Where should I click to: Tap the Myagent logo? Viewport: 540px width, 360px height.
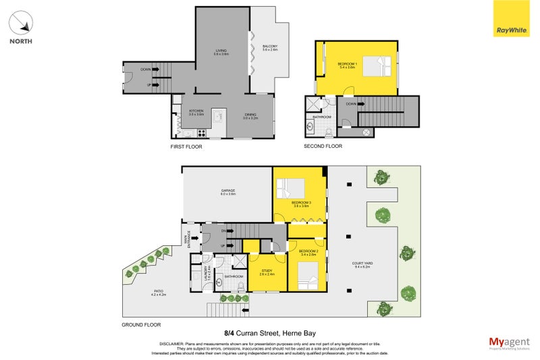point(508,342)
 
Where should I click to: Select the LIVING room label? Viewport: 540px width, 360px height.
point(221,51)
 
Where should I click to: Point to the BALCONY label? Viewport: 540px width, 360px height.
point(270,47)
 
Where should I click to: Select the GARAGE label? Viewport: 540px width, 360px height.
point(227,192)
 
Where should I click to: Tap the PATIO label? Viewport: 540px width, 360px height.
point(159,293)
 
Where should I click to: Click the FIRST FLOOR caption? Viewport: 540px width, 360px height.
point(186,147)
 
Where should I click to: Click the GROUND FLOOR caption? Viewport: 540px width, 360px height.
point(140,324)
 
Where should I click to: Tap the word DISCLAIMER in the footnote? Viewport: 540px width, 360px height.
point(173,343)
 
